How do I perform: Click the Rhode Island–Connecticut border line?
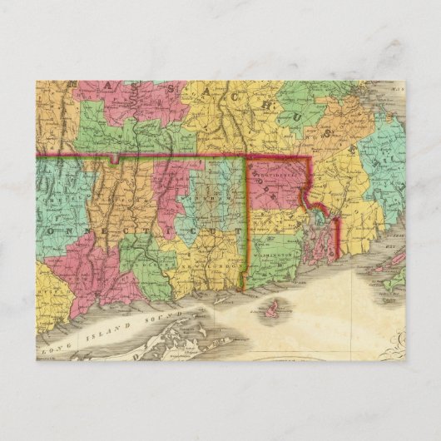tap(245, 225)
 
